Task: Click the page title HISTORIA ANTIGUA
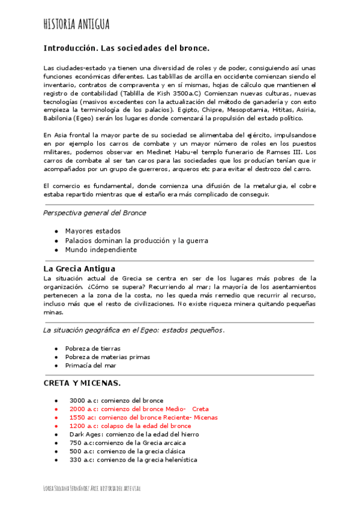[x=77, y=24]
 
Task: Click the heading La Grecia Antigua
[x=79, y=268]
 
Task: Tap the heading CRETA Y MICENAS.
[x=82, y=383]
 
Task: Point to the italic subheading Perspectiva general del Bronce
[x=95, y=212]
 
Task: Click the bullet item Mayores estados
[x=92, y=231]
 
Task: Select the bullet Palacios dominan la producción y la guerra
[x=136, y=240]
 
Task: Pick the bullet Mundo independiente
[x=101, y=250]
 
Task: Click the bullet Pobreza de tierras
[x=92, y=348]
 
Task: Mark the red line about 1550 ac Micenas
[x=143, y=417]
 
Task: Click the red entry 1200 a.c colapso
[x=130, y=426]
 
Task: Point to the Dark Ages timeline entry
[x=134, y=434]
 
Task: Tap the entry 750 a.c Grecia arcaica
[x=127, y=442]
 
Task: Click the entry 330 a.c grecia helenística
[x=133, y=460]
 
